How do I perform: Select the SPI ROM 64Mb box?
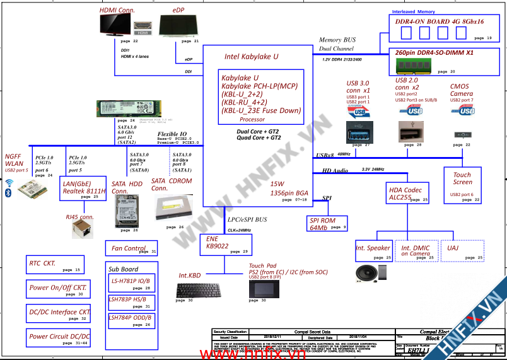click(327, 223)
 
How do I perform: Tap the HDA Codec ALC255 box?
click(408, 193)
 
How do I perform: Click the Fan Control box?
click(131, 249)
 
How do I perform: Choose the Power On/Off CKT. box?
click(58, 289)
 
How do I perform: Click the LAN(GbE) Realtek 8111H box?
click(83, 190)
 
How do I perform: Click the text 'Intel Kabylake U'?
click(252, 57)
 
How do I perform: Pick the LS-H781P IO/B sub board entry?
click(129, 281)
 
